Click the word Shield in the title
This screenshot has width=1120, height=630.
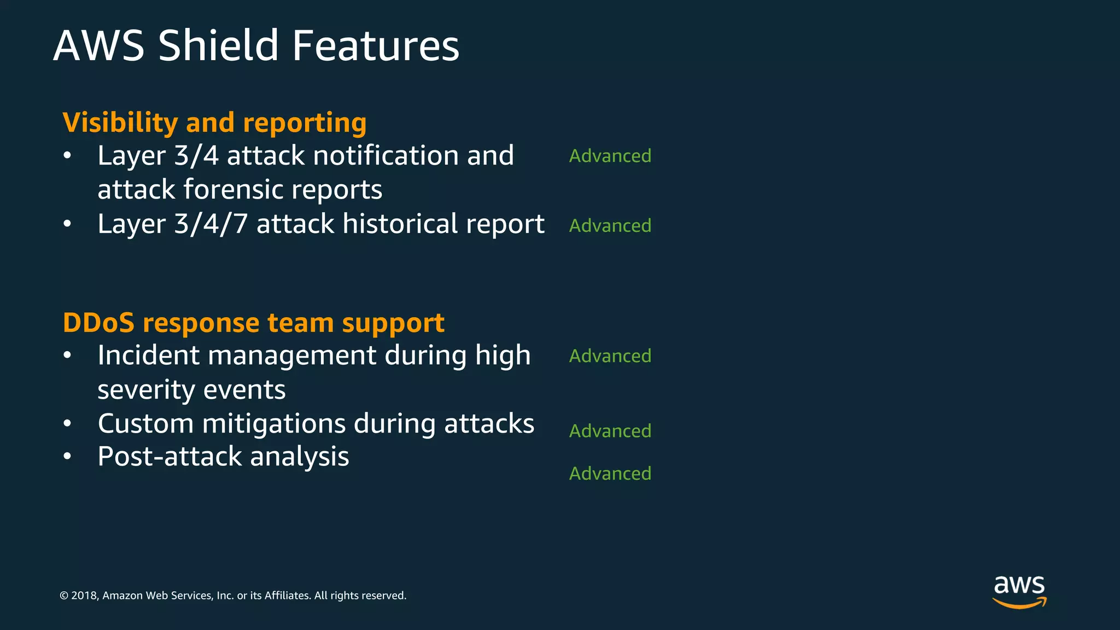coord(218,45)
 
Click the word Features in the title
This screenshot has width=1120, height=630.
coord(375,45)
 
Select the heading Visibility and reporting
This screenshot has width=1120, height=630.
coord(214,122)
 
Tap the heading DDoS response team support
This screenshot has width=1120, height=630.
coord(253,323)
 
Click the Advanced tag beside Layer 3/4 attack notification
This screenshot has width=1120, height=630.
coord(610,156)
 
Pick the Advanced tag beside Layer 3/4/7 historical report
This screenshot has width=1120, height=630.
coord(610,225)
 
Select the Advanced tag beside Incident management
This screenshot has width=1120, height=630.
coord(610,356)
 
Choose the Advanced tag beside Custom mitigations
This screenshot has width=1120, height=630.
coord(610,431)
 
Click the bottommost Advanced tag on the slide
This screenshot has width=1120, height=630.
coord(610,474)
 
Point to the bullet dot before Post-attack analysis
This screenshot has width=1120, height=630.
coord(67,457)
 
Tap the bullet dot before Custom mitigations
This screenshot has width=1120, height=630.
coord(67,424)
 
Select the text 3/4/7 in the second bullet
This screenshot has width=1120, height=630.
coord(211,224)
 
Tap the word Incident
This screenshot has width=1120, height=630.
coord(149,355)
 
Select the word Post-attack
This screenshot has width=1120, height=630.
coord(170,457)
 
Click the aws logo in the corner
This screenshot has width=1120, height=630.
coord(1019,591)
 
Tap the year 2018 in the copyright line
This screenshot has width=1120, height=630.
coord(84,596)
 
